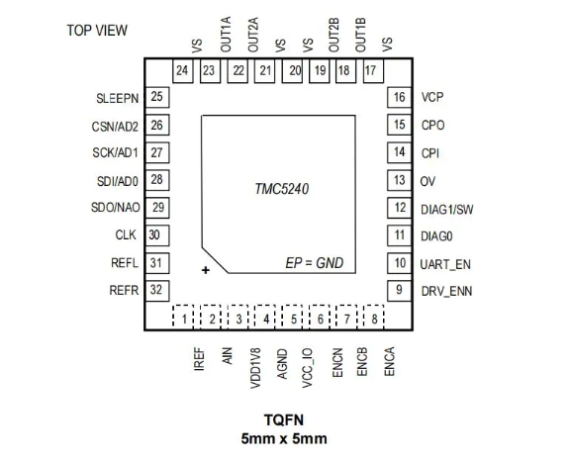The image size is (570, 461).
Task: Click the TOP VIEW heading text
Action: tap(97, 31)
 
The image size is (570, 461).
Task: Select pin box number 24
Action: tap(182, 71)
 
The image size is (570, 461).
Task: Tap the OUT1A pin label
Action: tap(226, 35)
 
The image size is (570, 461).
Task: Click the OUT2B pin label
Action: tap(333, 35)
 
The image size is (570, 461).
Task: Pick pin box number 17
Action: tap(373, 71)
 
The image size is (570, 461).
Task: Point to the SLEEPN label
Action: tap(118, 99)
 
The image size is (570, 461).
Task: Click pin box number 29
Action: tap(157, 208)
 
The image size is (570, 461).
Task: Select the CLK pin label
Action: tap(126, 235)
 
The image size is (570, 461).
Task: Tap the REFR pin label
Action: tap(124, 290)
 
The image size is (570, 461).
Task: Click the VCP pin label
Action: tap(432, 97)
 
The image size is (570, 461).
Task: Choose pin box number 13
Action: tap(399, 180)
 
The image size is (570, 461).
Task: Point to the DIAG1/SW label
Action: tap(446, 210)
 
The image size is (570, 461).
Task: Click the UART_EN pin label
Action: tap(445, 264)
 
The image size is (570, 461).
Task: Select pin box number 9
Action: tap(399, 290)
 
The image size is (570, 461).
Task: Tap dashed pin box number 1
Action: tap(183, 317)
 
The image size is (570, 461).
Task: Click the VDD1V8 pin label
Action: tap(255, 368)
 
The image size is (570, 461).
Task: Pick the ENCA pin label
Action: tap(389, 361)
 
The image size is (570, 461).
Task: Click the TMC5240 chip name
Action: tap(282, 189)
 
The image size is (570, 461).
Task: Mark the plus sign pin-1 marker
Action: tap(206, 270)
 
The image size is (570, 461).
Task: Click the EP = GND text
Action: tap(315, 263)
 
